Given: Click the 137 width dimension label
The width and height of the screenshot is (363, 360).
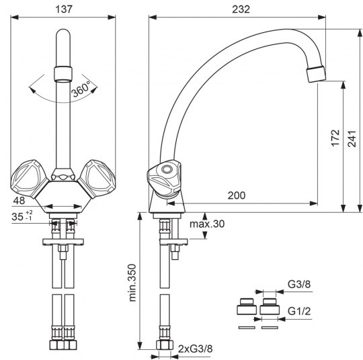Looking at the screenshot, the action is coord(64,9).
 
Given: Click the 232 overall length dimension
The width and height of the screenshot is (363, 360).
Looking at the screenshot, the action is coord(241,9).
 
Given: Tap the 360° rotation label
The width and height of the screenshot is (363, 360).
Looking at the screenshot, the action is coord(81,89).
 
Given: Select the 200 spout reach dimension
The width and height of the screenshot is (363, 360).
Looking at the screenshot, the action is coord(237,195).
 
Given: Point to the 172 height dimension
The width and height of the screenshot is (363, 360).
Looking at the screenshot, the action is coord(335,138).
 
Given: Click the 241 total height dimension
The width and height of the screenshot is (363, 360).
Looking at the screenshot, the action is coord(352,138).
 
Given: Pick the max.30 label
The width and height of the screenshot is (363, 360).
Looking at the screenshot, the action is coord(207,224).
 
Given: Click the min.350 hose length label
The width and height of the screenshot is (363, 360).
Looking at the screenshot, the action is coord(132,283).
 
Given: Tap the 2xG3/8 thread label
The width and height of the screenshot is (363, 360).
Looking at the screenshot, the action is coord(195,349).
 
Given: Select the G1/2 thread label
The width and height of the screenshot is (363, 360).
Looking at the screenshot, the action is coord(299,311).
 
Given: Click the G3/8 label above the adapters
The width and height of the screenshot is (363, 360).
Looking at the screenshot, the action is coord(299,284).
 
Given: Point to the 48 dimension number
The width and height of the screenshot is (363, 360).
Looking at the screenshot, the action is coord(19,201).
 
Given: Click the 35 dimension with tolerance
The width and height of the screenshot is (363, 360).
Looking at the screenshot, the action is coord(22,216).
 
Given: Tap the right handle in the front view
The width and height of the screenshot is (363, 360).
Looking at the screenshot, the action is coord(97,179).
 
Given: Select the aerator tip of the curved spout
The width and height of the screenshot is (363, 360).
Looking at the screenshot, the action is coord(316,74).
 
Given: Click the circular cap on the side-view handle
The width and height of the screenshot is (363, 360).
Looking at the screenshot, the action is coord(167,169).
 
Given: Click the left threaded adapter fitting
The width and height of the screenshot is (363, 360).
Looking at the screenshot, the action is coord(247,306).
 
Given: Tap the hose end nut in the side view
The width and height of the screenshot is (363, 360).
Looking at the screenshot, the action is coord(165,345).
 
